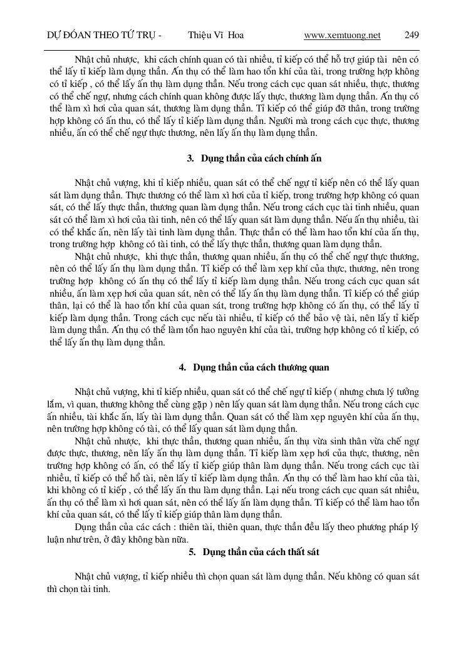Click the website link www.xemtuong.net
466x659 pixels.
click(x=342, y=35)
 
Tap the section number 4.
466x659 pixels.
click(x=183, y=367)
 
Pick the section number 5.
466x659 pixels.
click(x=191, y=551)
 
